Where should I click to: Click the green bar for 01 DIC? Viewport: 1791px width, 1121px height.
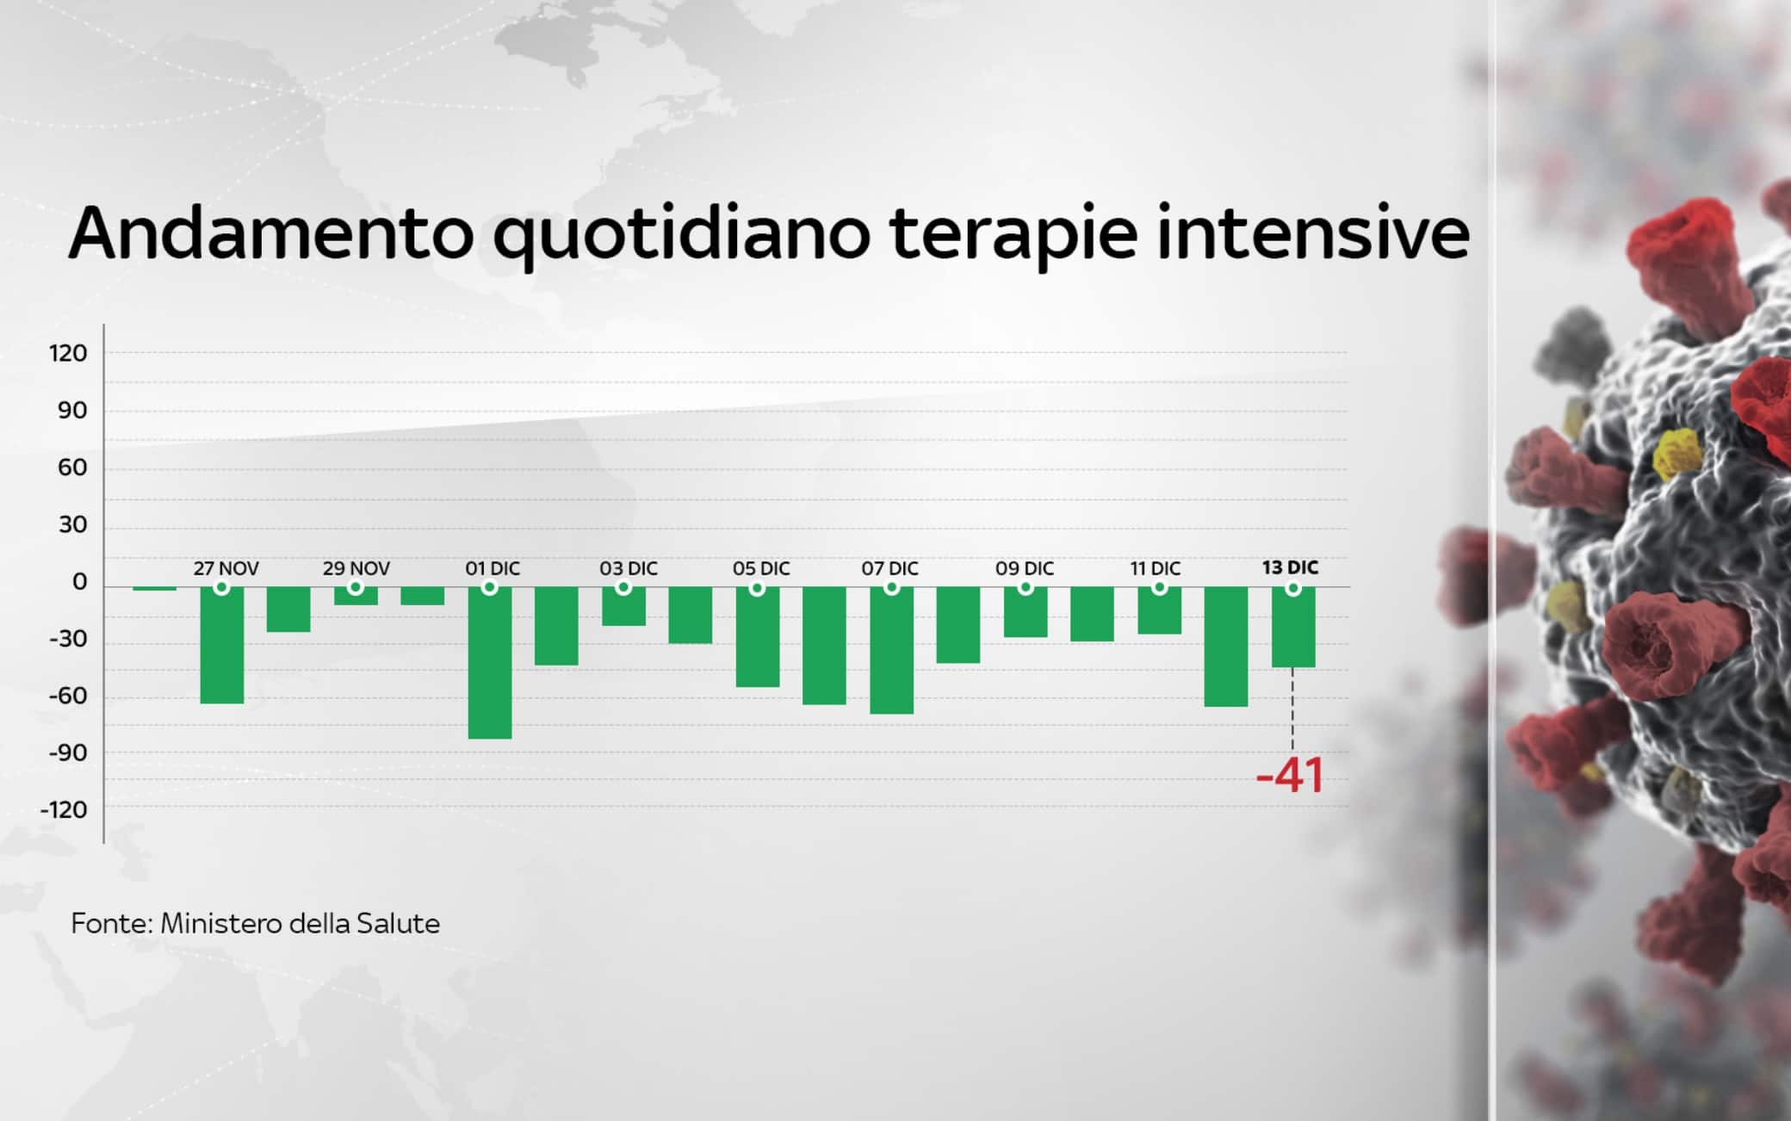click(490, 662)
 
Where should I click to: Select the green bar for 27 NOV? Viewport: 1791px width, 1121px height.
click(222, 645)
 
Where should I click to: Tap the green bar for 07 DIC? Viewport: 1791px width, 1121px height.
click(891, 650)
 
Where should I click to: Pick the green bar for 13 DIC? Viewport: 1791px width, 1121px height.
click(1293, 627)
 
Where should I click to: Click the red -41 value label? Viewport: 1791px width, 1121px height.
click(1289, 776)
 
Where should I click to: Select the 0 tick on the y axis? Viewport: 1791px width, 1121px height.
click(80, 583)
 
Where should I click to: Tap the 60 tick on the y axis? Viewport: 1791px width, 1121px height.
click(72, 468)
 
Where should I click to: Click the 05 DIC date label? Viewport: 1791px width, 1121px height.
click(761, 569)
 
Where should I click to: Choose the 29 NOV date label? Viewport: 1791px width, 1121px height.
click(356, 569)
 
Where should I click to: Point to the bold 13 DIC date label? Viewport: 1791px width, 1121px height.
click(1290, 568)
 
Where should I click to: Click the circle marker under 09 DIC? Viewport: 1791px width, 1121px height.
click(1026, 588)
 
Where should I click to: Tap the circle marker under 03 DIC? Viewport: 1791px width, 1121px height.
click(624, 588)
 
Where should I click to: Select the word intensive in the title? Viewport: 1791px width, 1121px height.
click(1312, 234)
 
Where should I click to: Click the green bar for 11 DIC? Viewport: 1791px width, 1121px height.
click(1159, 610)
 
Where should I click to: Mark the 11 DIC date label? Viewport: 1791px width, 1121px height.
click(1156, 569)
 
